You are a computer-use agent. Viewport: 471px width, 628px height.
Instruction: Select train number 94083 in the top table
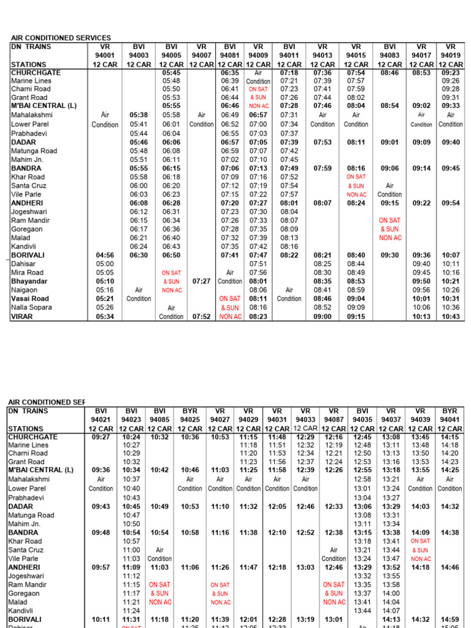[x=390, y=55]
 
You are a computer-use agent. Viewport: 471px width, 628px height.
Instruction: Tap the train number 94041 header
[x=450, y=419]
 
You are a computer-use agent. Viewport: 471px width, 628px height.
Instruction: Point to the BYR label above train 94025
[x=190, y=411]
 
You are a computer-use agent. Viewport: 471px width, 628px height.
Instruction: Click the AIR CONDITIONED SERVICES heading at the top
[x=61, y=38]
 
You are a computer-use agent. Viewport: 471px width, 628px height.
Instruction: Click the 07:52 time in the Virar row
[x=201, y=316]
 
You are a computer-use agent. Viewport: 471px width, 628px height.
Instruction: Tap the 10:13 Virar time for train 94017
[x=421, y=316]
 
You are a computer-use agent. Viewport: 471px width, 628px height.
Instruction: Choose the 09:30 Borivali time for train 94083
[x=390, y=255]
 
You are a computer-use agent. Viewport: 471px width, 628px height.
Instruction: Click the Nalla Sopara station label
[x=31, y=307]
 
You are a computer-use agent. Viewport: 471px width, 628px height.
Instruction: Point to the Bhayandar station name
[x=29, y=281]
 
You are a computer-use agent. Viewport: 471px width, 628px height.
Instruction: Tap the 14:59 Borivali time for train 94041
[x=450, y=620]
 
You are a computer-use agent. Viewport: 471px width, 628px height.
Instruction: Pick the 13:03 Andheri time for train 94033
[x=305, y=568]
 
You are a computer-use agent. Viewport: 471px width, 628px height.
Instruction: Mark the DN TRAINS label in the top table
[x=31, y=47]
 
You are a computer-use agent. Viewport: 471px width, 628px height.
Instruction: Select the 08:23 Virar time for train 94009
[x=258, y=316]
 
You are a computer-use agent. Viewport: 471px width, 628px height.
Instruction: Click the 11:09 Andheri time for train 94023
[x=131, y=568]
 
